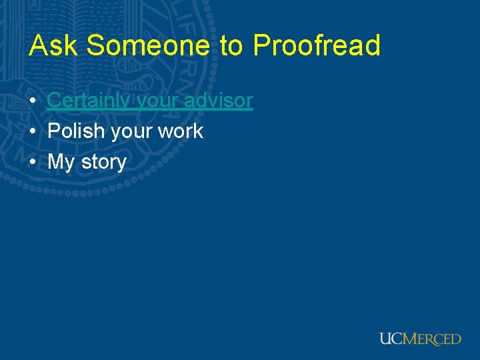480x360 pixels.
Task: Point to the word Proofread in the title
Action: [316, 46]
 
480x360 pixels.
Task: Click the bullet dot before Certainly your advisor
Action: [33, 101]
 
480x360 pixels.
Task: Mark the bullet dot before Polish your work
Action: [33, 132]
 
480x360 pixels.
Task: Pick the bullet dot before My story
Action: [33, 163]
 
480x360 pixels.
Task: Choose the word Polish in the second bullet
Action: [76, 131]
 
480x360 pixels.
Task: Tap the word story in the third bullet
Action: [103, 163]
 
